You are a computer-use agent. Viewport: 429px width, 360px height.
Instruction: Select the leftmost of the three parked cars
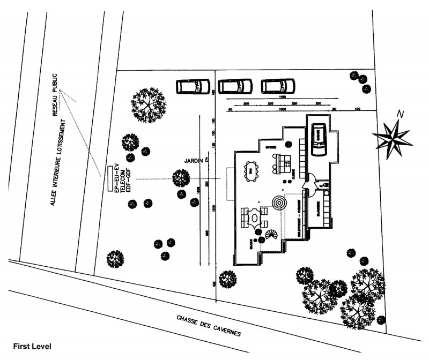(193, 86)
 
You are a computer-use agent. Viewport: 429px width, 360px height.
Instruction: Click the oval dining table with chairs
(250, 170)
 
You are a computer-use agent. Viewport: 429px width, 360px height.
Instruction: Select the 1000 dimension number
(275, 109)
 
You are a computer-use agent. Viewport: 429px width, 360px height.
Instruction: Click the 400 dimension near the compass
(359, 109)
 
